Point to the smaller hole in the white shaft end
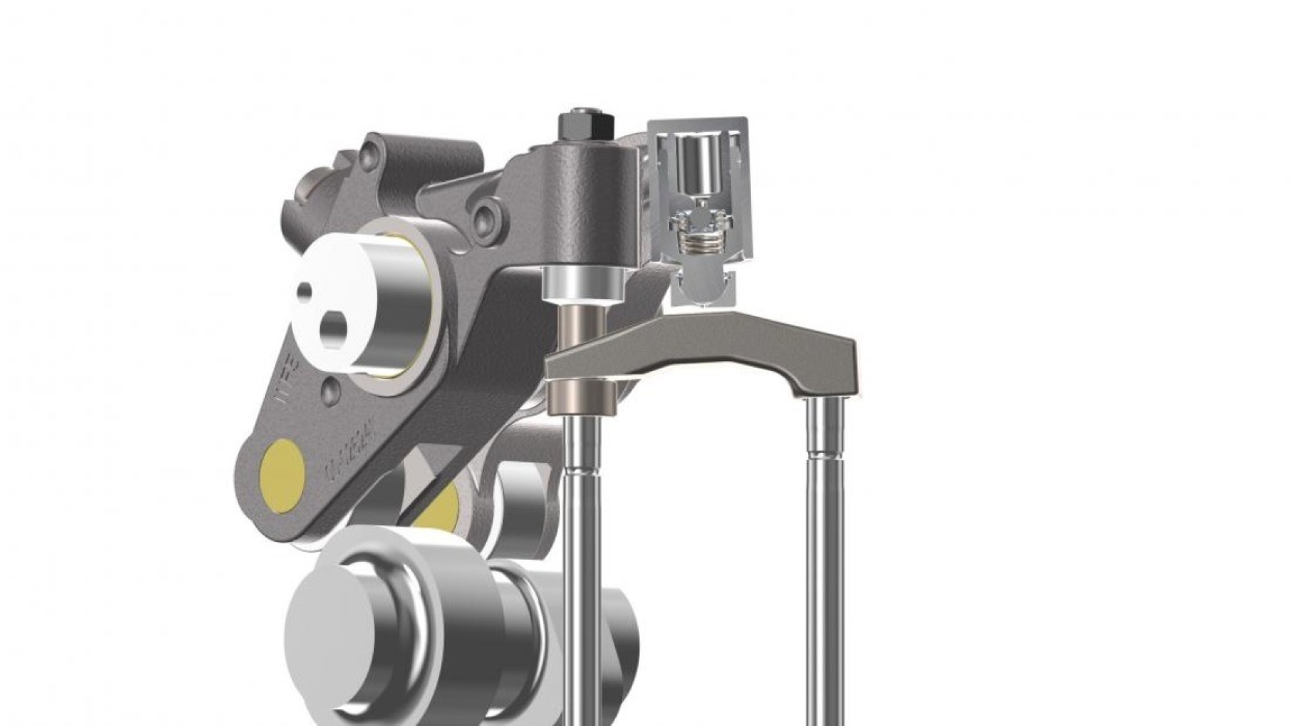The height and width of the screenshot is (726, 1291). [x=305, y=290]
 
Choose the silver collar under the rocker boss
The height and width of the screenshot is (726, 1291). [x=582, y=282]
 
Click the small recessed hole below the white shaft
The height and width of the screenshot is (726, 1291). [x=329, y=392]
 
